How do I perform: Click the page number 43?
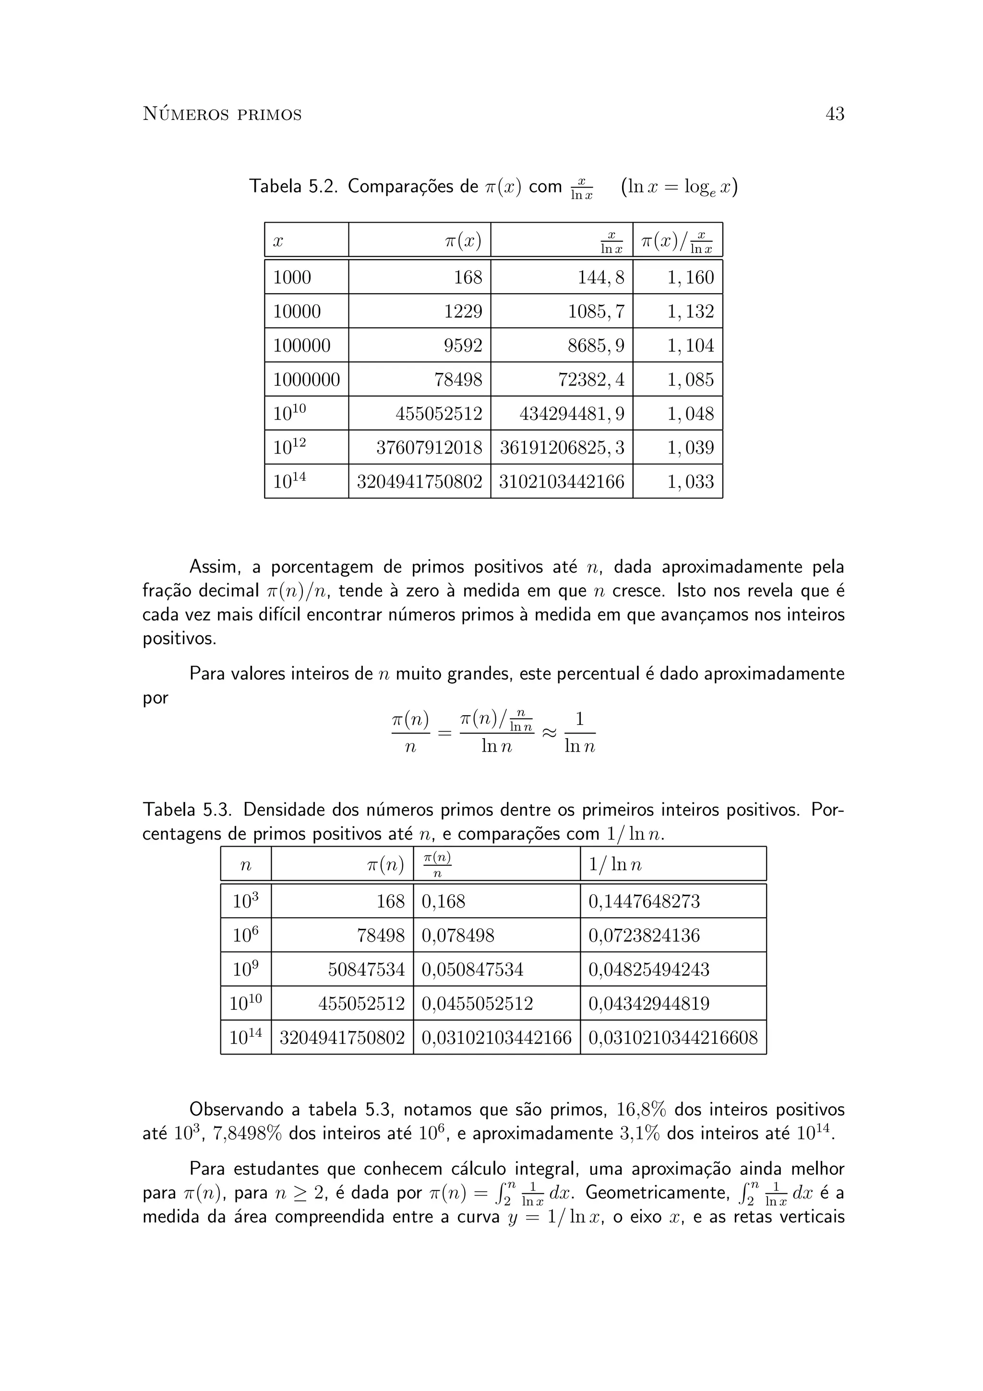[834, 114]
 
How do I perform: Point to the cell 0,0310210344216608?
[673, 1038]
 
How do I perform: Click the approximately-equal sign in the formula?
[548, 732]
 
